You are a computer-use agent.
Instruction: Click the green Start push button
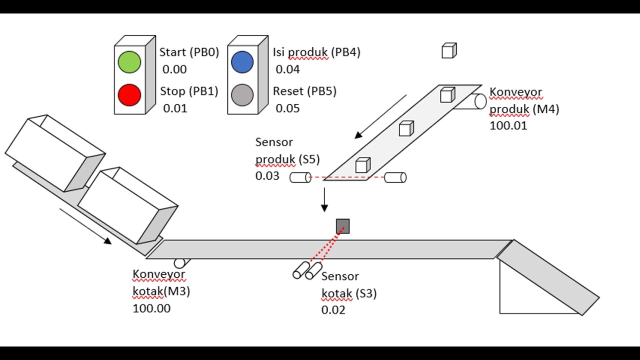pyautogui.click(x=129, y=62)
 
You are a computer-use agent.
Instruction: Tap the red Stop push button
pyautogui.click(x=129, y=95)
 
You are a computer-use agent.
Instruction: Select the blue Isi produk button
pyautogui.click(x=242, y=62)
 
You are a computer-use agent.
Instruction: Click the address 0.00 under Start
pyautogui.click(x=174, y=69)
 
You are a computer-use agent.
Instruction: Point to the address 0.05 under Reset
pyautogui.click(x=287, y=108)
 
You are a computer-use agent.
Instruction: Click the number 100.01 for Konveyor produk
pyautogui.click(x=508, y=125)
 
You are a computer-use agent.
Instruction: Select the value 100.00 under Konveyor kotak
pyautogui.click(x=151, y=308)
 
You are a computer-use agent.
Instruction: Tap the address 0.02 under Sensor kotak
pyautogui.click(x=333, y=309)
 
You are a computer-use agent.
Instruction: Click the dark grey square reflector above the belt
pyautogui.click(x=343, y=226)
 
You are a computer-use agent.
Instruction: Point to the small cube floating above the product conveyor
pyautogui.click(x=449, y=50)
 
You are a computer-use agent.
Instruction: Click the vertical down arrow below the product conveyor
pyautogui.click(x=324, y=199)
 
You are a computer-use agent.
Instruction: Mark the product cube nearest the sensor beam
pyautogui.click(x=363, y=165)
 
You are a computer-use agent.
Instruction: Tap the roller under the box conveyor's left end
pyautogui.click(x=181, y=263)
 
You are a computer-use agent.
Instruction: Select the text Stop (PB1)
pyautogui.click(x=189, y=91)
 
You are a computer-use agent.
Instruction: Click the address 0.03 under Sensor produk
pyautogui.click(x=267, y=175)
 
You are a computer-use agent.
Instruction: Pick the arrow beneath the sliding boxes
pyautogui.click(x=85, y=226)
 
